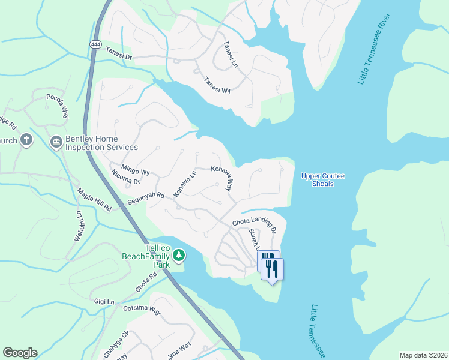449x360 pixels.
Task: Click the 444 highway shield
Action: pyautogui.click(x=95, y=44)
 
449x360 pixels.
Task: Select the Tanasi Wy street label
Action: pyautogui.click(x=217, y=85)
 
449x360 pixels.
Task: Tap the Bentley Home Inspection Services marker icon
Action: pyautogui.click(x=56, y=142)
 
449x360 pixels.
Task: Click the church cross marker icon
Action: pyautogui.click(x=26, y=140)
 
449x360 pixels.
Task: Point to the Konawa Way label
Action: pyautogui.click(x=223, y=178)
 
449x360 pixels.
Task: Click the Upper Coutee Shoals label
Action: pyautogui.click(x=323, y=179)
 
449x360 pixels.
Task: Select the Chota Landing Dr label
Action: pyautogui.click(x=255, y=226)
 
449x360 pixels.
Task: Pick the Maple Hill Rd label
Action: pyautogui.click(x=94, y=200)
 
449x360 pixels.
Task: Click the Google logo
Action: pyautogui.click(x=20, y=353)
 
